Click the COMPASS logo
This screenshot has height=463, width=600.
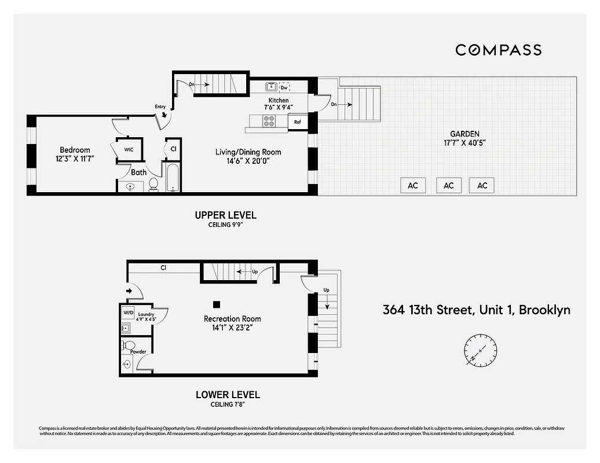pos(498,50)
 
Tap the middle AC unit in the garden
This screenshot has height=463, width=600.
pos(448,185)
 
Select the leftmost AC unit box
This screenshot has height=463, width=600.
pos(413,185)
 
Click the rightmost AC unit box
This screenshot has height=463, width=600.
pos(482,185)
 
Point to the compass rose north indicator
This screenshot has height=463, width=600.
pos(480,351)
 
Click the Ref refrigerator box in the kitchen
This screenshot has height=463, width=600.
pos(298,122)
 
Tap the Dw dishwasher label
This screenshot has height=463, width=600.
pos(284,87)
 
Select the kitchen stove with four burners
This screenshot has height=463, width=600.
pos(269,122)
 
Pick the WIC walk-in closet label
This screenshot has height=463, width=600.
pos(129,150)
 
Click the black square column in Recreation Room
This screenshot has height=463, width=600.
pos(217,304)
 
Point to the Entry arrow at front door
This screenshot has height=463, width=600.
pos(164,115)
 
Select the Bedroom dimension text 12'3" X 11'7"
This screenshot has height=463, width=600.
pos(74,158)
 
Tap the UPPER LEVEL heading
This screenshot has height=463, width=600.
pos(225,215)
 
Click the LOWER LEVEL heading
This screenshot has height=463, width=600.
pos(228,395)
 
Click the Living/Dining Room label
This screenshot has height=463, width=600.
pos(248,152)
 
